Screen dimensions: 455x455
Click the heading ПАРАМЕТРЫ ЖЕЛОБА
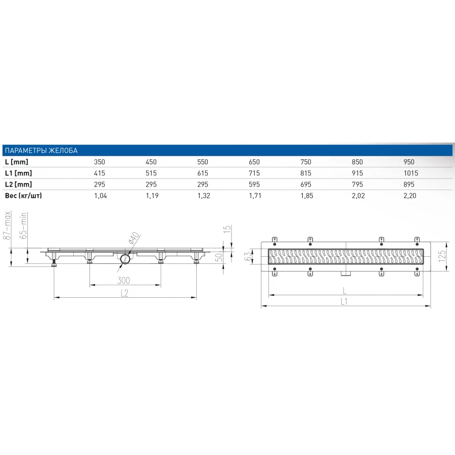[40, 151]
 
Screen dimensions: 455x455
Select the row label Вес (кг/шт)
[23, 195]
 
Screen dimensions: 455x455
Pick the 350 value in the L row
[100, 162]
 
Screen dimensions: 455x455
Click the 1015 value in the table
[411, 173]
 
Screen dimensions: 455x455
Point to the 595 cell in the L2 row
[254, 184]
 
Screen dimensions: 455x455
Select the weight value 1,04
[101, 195]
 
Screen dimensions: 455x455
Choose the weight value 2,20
[409, 195]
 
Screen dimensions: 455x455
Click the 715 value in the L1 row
[254, 173]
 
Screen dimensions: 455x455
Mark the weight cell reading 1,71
[255, 195]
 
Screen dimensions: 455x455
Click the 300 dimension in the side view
[124, 281]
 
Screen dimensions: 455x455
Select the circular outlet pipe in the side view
[125, 260]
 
